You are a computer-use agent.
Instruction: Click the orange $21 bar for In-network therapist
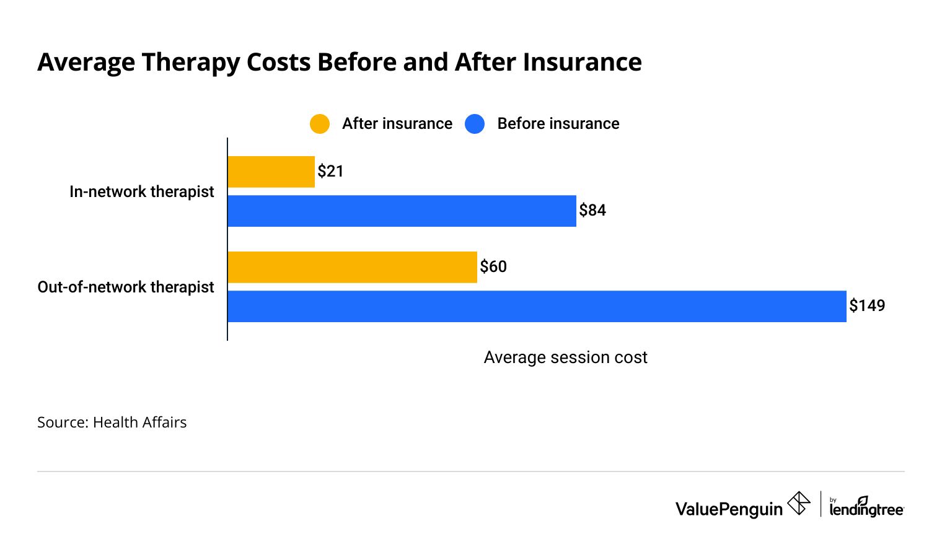271,172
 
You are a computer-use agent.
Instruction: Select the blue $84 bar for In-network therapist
402,211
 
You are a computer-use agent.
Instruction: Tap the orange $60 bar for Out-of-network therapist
352,267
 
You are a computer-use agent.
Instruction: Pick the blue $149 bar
537,306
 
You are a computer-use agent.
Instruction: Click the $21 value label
330,172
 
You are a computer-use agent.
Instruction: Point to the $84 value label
592,211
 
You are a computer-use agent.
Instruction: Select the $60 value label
493,267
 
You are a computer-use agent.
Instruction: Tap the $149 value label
867,306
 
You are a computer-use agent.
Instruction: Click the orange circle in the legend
320,124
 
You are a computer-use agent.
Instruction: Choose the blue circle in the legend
475,124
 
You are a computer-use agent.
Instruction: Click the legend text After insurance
397,124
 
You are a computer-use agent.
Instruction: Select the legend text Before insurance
558,124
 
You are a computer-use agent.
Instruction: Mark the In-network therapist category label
141,192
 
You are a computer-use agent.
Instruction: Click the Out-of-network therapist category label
126,287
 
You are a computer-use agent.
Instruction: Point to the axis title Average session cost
565,357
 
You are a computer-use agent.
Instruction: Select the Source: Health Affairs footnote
112,423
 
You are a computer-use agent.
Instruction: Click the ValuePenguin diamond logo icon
798,503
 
